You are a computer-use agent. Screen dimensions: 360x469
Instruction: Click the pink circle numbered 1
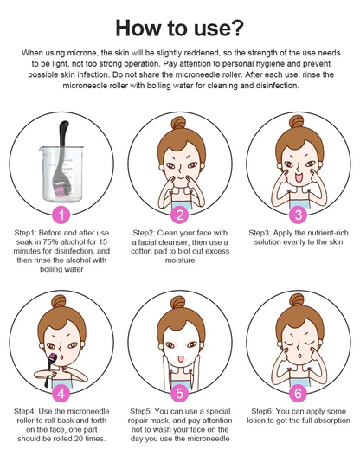[x=61, y=215]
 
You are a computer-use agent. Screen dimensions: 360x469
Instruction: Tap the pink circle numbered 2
[x=179, y=215]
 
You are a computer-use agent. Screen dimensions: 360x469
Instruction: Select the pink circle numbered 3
[x=298, y=215]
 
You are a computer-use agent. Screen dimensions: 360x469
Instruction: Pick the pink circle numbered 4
[x=61, y=394]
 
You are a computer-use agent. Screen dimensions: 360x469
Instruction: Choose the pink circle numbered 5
[x=179, y=394]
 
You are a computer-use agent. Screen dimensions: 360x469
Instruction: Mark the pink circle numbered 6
[x=298, y=394]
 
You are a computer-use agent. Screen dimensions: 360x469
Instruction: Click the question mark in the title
[x=235, y=28]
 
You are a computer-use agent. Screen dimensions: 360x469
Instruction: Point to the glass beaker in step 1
[x=61, y=173]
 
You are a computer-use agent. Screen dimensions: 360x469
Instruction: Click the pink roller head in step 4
[x=54, y=357]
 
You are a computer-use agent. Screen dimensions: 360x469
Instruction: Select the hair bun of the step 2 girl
[x=178, y=123]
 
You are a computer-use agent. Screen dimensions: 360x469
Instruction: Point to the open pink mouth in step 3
[x=299, y=178]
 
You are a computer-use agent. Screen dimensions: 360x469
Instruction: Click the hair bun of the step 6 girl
[x=297, y=300]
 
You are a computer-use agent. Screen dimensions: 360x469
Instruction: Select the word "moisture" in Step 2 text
[x=180, y=260]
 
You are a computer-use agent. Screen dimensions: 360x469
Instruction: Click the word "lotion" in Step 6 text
[x=257, y=421]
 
